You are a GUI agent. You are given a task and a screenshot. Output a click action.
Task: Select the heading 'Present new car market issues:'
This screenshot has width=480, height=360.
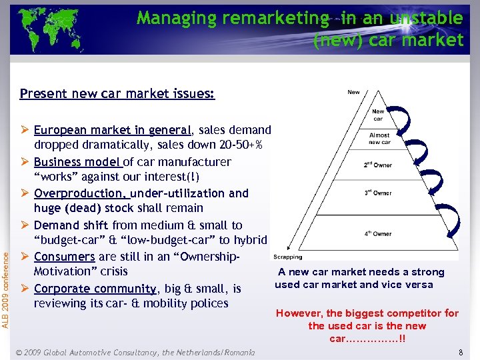pyautogui.click(x=117, y=93)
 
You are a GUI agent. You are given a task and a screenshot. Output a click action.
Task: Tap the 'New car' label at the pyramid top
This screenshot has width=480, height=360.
pyautogui.click(x=378, y=115)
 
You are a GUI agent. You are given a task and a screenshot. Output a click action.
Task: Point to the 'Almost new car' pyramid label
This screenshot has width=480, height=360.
pyautogui.click(x=379, y=139)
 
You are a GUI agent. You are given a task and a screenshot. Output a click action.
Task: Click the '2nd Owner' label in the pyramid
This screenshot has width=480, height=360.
pyautogui.click(x=378, y=165)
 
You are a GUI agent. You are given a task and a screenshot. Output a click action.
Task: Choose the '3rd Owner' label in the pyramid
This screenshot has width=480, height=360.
pyautogui.click(x=378, y=193)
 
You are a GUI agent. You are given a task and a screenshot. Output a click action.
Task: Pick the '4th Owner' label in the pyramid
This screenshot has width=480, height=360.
pyautogui.click(x=378, y=234)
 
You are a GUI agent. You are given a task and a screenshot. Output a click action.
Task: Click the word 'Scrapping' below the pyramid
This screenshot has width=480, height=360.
pyautogui.click(x=287, y=257)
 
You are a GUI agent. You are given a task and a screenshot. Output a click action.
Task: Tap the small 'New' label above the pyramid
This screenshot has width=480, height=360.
pyautogui.click(x=354, y=93)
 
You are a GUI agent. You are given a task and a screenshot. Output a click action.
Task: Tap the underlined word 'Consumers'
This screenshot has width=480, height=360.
pyautogui.click(x=65, y=257)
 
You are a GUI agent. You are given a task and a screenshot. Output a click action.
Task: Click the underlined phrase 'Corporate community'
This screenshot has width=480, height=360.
pyautogui.click(x=95, y=289)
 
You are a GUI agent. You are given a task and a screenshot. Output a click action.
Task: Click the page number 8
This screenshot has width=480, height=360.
pyautogui.click(x=461, y=351)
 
